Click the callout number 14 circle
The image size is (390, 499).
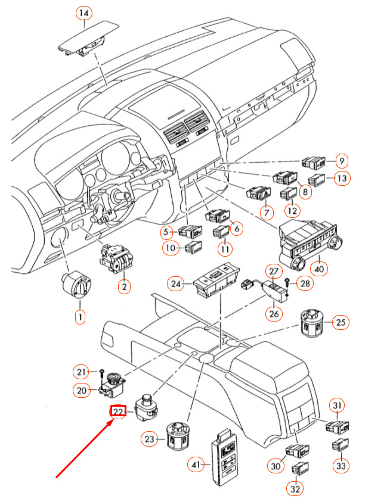pyautogui.click(x=84, y=13)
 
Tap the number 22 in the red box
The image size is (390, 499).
pyautogui.click(x=118, y=411)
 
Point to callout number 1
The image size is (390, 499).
pyautogui.click(x=80, y=317)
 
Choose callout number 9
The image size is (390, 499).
pyautogui.click(x=341, y=161)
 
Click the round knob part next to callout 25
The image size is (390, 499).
pyautogui.click(x=312, y=323)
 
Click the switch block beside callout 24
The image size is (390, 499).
pyautogui.click(x=212, y=283)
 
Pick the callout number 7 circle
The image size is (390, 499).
pyautogui.click(x=265, y=211)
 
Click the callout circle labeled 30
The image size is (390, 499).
pyautogui.click(x=275, y=466)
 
